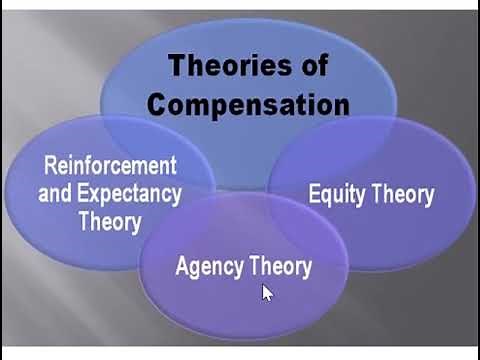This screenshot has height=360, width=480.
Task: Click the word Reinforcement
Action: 110,165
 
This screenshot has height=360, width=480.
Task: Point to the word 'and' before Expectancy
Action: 54,192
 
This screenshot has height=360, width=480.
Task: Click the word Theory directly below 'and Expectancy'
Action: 109,220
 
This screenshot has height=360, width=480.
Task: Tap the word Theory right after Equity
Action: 403,194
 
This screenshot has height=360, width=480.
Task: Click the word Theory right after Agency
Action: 279,267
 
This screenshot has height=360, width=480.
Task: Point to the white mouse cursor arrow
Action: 267,292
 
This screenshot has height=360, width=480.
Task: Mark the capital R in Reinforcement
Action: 50,165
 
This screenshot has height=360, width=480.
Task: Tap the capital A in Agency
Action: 182,266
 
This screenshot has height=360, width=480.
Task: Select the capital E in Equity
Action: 314,193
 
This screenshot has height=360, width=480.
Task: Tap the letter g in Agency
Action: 196,270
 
